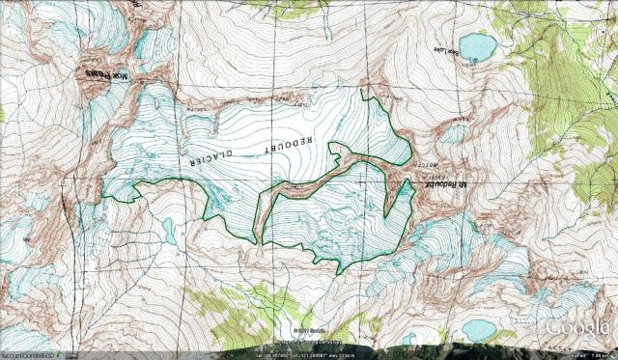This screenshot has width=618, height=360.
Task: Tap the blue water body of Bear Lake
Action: coord(476,45)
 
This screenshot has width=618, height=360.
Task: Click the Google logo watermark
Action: coord(577,327)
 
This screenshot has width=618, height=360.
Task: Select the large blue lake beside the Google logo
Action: coord(480,330)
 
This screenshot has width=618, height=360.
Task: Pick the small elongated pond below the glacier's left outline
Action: coord(169,231)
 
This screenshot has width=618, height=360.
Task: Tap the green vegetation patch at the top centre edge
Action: coord(285,7)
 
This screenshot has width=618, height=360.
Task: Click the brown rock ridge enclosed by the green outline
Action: coord(309,182)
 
